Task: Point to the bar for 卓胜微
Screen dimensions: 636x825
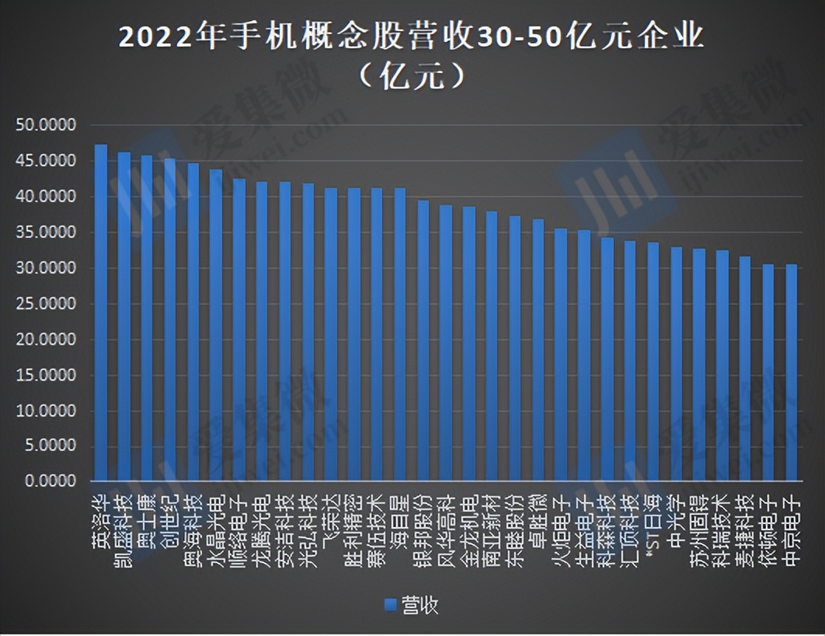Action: click(x=538, y=350)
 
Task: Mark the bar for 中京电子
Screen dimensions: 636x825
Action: click(x=792, y=372)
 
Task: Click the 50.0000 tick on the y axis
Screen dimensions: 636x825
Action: click(x=44, y=125)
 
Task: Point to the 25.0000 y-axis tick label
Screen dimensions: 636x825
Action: click(x=44, y=304)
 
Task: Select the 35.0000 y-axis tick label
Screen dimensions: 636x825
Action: click(x=44, y=232)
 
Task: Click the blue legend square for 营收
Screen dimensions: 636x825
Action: click(x=391, y=604)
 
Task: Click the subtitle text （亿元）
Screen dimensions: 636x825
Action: click(x=412, y=75)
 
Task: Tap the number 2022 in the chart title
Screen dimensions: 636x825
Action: click(x=148, y=37)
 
